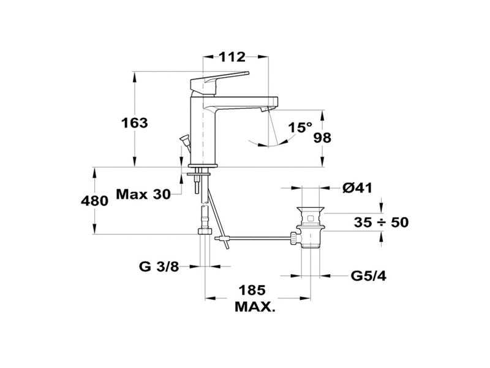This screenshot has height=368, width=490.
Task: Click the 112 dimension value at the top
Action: (x=232, y=57)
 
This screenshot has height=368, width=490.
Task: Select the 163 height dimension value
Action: (x=134, y=123)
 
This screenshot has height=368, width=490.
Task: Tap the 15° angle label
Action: (x=300, y=128)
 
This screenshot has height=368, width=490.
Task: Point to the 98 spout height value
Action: (x=322, y=137)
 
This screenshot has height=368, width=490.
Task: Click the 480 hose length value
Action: (x=95, y=201)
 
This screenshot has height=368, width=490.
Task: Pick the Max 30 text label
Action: (x=143, y=194)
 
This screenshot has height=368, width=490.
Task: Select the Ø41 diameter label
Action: (x=358, y=188)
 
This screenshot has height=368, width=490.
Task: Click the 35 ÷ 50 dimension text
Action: (x=381, y=223)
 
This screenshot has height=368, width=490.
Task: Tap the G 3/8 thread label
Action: (x=159, y=267)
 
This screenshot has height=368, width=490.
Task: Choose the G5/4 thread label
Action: (x=369, y=276)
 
